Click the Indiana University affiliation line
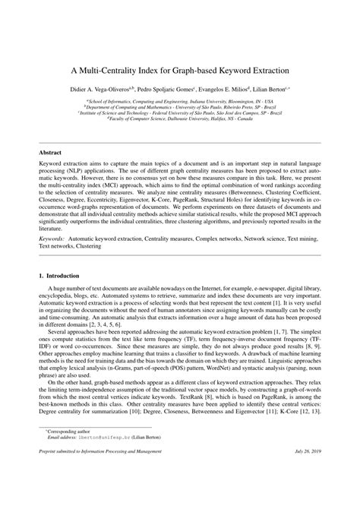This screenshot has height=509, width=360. tap(180, 100)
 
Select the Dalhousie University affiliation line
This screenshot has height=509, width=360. tap(180, 119)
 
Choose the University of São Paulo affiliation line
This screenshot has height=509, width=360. tap(180, 106)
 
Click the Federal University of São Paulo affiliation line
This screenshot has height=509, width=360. tap(180, 112)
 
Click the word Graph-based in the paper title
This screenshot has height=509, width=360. tap(191, 69)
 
